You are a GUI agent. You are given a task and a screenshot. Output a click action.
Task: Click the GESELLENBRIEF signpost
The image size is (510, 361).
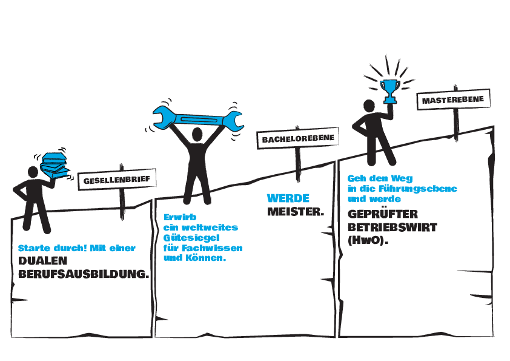117,180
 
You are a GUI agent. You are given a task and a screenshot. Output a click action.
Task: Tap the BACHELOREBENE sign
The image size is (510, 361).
298,138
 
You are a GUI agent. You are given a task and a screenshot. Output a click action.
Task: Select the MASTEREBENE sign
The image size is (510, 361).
454,100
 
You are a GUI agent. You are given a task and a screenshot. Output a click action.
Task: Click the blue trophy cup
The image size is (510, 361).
390,92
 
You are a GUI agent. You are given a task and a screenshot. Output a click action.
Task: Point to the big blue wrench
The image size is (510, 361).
198,119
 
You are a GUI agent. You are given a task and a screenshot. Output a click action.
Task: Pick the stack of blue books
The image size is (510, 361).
55,165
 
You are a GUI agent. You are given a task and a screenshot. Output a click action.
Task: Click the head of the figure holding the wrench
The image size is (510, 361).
197,134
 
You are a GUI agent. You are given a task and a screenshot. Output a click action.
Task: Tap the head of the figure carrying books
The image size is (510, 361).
33,172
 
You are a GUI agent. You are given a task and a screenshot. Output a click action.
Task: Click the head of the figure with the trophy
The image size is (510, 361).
369,106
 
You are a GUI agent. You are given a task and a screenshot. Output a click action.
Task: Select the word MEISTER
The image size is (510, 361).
296,212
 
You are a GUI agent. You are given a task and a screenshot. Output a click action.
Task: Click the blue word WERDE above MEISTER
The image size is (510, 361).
288,198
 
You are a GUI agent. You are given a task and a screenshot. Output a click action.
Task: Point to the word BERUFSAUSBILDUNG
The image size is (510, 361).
84,274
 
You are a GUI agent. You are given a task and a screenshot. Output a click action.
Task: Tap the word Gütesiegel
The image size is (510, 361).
191,237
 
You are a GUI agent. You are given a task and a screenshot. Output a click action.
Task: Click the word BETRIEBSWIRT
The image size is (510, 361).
392,228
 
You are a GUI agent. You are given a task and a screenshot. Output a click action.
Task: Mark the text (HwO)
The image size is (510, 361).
368,241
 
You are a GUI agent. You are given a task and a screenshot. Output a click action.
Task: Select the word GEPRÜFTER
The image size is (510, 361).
383,214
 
